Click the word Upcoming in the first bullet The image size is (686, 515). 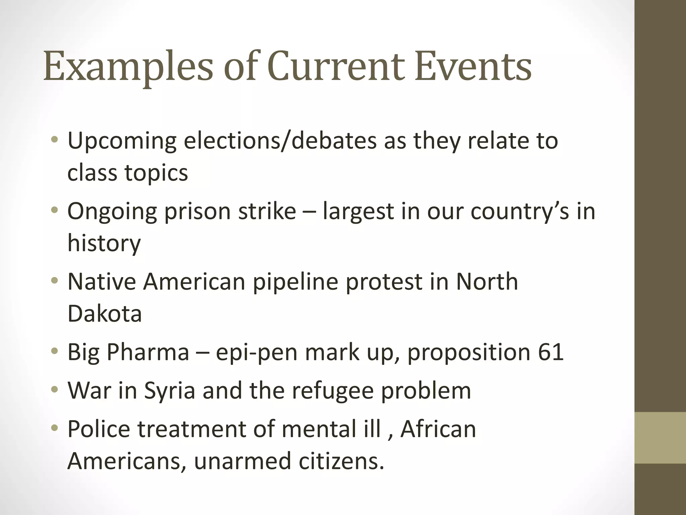[122, 141]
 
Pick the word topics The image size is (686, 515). [156, 173]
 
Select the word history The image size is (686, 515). [104, 243]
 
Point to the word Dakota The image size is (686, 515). [105, 313]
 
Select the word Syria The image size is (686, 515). [169, 391]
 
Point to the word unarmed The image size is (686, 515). [242, 461]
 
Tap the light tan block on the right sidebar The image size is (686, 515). [660, 438]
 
